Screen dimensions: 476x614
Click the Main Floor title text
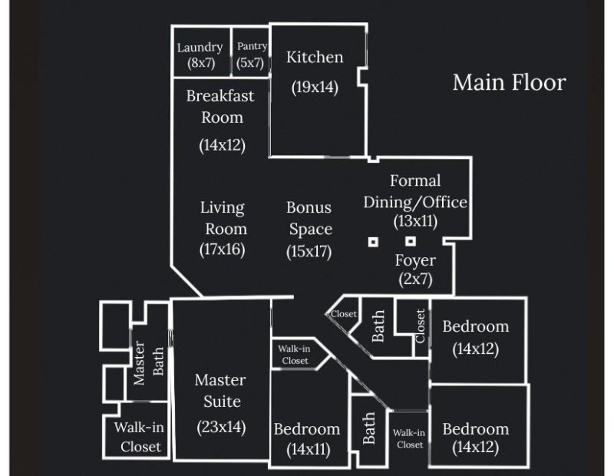tap(509, 82)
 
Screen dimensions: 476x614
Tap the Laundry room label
tap(200, 48)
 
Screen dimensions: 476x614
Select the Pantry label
tap(252, 47)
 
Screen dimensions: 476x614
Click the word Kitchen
tap(315, 58)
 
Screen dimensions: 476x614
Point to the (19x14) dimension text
tap(315, 87)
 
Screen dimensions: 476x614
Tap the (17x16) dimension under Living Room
tap(222, 249)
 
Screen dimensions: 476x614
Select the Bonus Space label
tap(309, 217)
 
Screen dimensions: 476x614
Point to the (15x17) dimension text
tap(309, 251)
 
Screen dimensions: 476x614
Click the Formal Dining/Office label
tap(415, 191)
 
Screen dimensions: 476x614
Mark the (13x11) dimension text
tap(415, 221)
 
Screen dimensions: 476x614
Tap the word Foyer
tap(415, 260)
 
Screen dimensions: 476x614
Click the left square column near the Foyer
tap(373, 242)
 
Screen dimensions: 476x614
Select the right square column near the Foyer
tap(411, 242)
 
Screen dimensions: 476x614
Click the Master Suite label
tap(221, 390)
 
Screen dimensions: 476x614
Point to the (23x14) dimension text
tap(221, 426)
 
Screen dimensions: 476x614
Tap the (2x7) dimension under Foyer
tap(415, 279)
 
